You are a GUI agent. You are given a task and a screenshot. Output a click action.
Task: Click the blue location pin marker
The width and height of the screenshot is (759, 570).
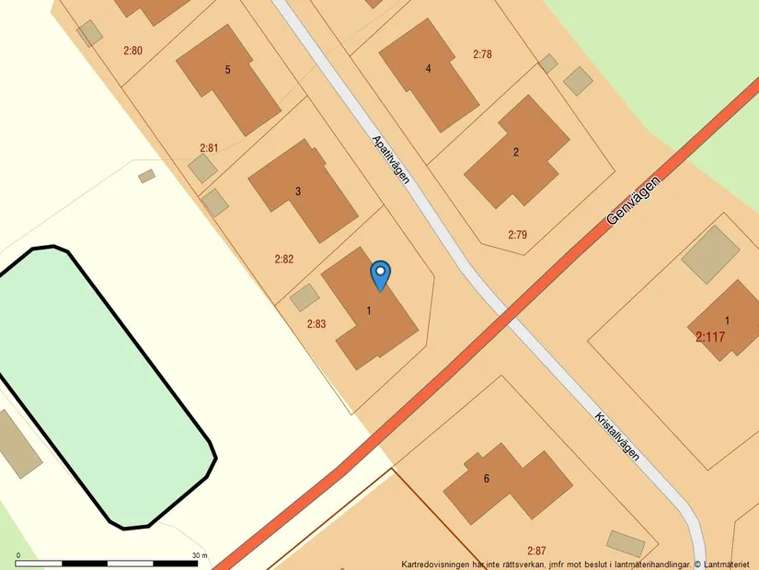380,275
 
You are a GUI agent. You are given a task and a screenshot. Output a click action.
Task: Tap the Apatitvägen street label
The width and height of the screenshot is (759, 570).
391,159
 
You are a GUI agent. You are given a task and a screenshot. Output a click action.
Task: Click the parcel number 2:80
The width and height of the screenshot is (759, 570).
132,50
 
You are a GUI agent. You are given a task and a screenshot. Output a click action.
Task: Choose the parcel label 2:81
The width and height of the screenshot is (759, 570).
209,147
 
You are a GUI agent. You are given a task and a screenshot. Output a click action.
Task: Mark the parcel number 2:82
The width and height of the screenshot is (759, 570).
283,259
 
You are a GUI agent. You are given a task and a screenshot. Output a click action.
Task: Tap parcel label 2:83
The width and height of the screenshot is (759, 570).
316,323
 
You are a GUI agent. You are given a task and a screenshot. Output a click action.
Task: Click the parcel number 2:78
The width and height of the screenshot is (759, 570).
482,54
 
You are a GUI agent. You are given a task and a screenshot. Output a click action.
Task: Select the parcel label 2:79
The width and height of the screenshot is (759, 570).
517,235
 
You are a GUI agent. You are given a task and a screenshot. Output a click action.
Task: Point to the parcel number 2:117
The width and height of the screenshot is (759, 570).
710,337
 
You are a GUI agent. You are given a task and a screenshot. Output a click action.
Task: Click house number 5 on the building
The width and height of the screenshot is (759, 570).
227,70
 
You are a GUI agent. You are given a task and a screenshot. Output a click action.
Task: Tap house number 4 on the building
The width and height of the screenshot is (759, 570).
428,68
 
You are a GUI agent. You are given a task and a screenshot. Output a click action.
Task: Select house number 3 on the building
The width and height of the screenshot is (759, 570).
297,192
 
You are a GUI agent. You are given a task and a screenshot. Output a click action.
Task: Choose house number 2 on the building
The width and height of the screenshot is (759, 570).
516,152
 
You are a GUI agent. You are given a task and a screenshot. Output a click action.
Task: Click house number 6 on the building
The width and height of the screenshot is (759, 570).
487,478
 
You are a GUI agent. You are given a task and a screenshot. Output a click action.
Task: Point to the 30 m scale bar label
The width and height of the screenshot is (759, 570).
200,555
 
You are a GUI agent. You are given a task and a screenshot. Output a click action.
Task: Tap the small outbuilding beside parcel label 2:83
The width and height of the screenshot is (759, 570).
304,297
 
